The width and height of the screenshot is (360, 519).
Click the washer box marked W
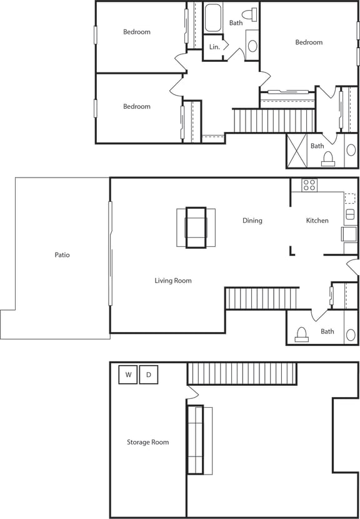point(128,375)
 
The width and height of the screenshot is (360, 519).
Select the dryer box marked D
point(149,375)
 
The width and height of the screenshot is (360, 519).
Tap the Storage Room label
point(148,442)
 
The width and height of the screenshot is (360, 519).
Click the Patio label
point(62,255)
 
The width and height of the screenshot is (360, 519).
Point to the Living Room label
point(173,281)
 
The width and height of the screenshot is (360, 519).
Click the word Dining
point(252,221)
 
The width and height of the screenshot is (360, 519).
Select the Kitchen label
point(317,221)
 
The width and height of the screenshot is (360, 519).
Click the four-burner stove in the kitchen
point(309,185)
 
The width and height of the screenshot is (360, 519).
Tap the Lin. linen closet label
point(214,48)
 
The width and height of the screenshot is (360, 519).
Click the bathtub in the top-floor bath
point(214,18)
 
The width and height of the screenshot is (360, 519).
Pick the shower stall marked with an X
point(298,151)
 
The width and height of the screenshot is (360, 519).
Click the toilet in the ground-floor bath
point(302,335)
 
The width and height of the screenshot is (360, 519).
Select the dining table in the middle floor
point(196,228)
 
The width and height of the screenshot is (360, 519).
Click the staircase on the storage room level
point(241,374)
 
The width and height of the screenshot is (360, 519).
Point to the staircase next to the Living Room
point(262,298)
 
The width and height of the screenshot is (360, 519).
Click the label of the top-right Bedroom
point(309,43)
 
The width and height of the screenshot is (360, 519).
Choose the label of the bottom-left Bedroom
point(136,107)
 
